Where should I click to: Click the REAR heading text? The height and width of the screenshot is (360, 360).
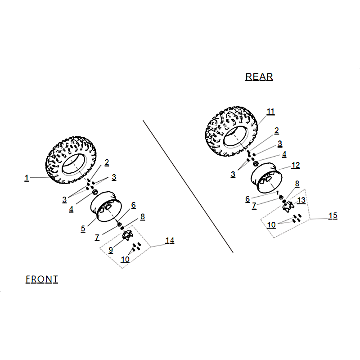(x=259, y=76)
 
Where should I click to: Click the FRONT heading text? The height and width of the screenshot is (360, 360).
(x=42, y=279)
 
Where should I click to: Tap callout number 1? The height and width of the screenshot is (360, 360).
(x=27, y=178)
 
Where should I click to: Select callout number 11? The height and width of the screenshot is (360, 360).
(x=270, y=112)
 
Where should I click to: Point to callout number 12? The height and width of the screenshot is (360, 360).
(x=296, y=165)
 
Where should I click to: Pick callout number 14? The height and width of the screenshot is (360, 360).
(x=170, y=241)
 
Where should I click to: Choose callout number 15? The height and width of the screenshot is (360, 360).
(x=333, y=216)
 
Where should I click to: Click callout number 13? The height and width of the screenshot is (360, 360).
(x=301, y=200)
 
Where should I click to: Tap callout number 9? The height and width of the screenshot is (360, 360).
(x=111, y=250)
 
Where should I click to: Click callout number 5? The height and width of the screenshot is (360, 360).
(x=83, y=229)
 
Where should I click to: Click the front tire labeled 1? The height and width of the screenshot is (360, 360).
(x=71, y=160)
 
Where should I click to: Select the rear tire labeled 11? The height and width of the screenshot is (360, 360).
(x=231, y=131)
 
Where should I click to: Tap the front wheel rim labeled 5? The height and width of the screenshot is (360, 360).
(x=106, y=207)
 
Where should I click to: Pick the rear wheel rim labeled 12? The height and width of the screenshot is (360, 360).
(x=266, y=178)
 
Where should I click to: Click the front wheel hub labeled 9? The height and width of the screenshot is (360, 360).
(x=127, y=235)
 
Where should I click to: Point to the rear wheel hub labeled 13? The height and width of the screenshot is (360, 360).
(x=288, y=207)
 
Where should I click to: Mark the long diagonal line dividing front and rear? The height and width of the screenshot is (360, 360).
(x=188, y=186)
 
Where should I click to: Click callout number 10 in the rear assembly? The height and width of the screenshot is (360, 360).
(x=271, y=225)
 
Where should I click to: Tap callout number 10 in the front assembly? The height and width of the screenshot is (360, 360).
(x=125, y=260)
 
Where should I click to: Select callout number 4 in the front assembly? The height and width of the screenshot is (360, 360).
(x=71, y=209)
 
